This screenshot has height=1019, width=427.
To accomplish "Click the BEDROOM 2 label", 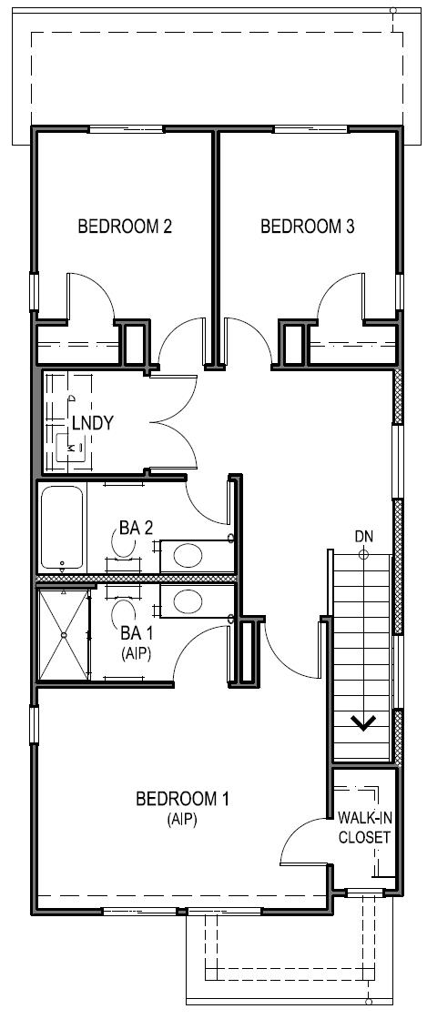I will [125, 227].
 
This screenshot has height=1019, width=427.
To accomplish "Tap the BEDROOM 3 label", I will [307, 227].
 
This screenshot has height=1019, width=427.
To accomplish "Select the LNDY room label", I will [93, 423].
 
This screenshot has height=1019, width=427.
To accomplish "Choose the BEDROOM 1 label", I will [182, 800].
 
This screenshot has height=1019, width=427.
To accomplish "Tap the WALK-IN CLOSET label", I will [364, 827].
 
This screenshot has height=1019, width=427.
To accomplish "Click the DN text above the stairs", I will [363, 537].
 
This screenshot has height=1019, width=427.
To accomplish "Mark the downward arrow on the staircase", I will [364, 723].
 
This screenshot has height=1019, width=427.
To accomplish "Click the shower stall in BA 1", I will [64, 633].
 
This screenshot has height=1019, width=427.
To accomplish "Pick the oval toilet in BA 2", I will [188, 555].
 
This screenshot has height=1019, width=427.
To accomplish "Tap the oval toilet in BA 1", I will [188, 600].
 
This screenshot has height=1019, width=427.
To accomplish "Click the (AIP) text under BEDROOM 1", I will [182, 819].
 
